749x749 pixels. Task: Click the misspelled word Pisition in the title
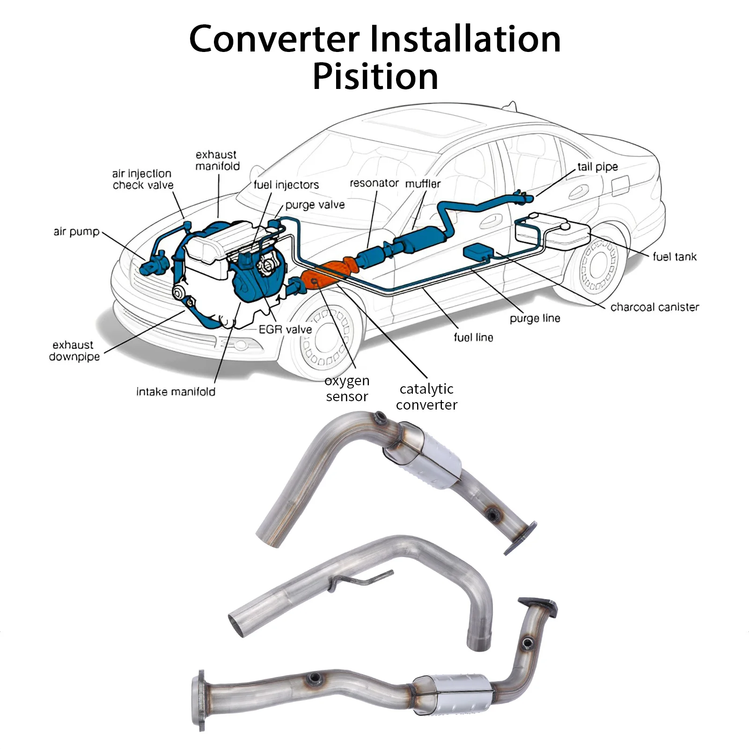pyautogui.click(x=375, y=76)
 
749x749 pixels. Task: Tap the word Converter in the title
pyautogui.click(x=274, y=39)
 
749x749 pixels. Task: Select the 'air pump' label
pyautogui.click(x=76, y=232)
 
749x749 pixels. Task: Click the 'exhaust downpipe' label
pyautogui.click(x=74, y=351)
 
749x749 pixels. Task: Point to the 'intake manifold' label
pyautogui.click(x=176, y=391)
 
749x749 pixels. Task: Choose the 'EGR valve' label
pyautogui.click(x=285, y=330)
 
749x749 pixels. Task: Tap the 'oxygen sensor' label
pyautogui.click(x=347, y=389)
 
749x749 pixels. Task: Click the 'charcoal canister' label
pyautogui.click(x=654, y=307)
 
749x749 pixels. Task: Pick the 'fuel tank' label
pyautogui.click(x=674, y=257)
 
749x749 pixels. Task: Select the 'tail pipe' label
pyautogui.click(x=597, y=167)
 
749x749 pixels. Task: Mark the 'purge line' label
pyautogui.click(x=535, y=318)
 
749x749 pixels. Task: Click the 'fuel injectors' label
pyautogui.click(x=286, y=185)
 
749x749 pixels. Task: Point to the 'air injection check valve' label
pyautogui.click(x=142, y=179)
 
